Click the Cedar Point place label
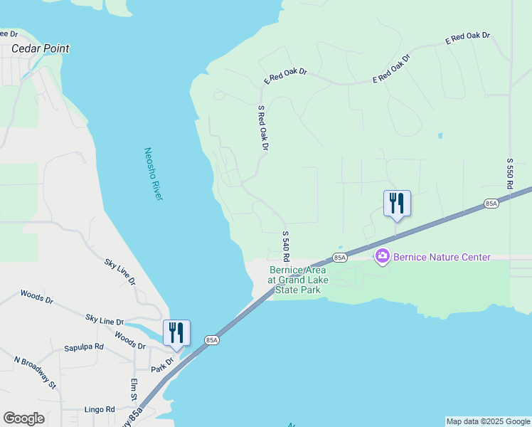41,49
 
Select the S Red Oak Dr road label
262,128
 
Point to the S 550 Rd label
510,174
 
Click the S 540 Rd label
286,246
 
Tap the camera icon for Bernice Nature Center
383,255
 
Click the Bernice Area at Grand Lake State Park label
298,280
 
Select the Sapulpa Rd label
84,347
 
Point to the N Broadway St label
35,372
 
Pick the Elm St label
134,389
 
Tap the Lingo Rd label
100,409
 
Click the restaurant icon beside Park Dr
176,332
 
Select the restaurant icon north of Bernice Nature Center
397,203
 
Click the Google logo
23,418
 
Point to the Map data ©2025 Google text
488,421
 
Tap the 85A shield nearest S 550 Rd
491,204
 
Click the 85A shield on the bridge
211,340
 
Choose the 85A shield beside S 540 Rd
339,257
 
